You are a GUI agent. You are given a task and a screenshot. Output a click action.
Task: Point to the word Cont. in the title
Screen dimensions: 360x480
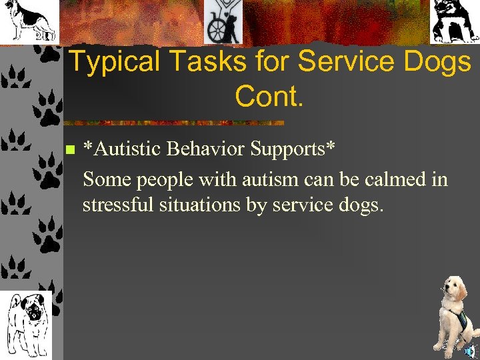(269, 97)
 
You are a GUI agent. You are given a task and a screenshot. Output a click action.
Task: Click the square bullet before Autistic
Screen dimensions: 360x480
(69, 149)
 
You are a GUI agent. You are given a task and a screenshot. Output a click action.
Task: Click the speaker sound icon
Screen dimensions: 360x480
(470, 351)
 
